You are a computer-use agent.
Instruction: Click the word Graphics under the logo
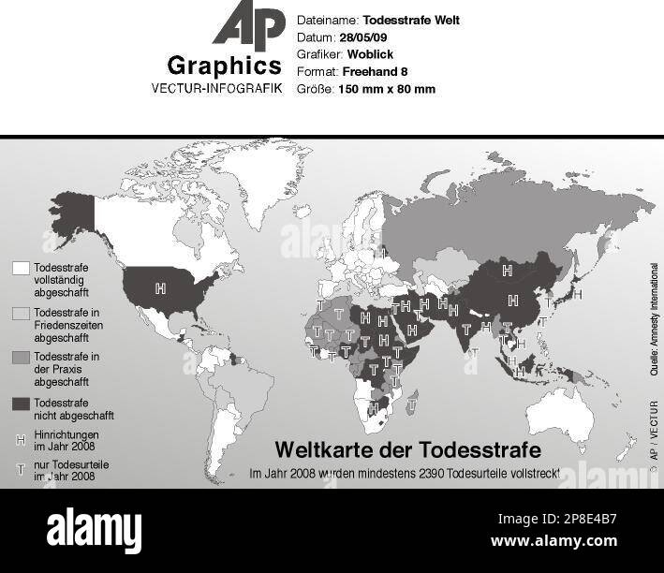pos(224,66)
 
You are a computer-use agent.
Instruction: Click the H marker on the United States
pos(160,287)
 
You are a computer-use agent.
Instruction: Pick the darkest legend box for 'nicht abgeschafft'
pos(21,403)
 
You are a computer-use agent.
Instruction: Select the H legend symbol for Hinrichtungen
pos(21,438)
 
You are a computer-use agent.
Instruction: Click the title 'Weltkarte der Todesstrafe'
pos(407,449)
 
